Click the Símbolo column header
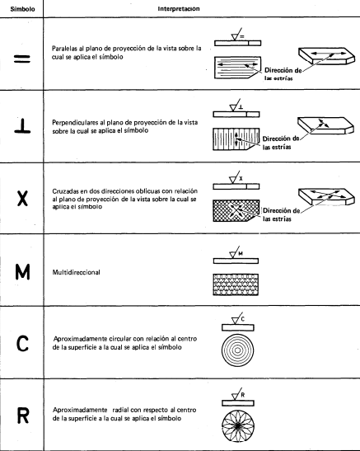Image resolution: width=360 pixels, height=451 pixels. (22, 9)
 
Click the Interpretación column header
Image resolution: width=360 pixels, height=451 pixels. (179, 8)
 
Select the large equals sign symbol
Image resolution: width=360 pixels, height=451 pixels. (22, 59)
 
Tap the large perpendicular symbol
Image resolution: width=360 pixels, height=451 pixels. (22, 125)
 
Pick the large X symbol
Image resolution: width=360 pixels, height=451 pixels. (22, 199)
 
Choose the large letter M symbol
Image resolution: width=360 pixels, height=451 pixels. (22, 272)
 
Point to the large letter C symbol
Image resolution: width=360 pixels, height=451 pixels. (22, 344)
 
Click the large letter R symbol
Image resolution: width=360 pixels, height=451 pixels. (23, 416)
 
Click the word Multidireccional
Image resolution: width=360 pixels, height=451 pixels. (76, 272)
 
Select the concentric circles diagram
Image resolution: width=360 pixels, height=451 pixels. (237, 350)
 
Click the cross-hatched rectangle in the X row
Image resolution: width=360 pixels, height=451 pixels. (236, 211)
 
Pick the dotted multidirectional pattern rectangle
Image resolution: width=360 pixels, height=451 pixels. (236, 284)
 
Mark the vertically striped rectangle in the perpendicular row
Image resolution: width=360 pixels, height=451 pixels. (236, 139)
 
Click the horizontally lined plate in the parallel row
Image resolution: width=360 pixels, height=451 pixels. (237, 68)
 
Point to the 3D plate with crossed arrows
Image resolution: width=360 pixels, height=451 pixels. (326, 196)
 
